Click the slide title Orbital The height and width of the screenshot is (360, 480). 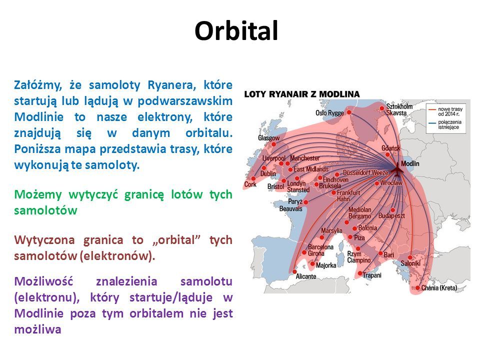[x=236, y=30]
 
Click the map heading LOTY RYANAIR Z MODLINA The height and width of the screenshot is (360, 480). [x=302, y=94]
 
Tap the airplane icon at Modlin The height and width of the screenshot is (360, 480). [x=397, y=170]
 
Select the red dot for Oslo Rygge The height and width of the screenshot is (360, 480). [x=349, y=112]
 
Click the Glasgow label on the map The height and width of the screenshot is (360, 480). [x=269, y=138]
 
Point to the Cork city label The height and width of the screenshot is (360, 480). [x=250, y=184]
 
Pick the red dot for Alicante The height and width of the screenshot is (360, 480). [x=294, y=271]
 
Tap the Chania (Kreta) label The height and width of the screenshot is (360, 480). [x=439, y=288]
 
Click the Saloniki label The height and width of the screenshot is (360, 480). [x=410, y=263]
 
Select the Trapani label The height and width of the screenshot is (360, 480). [x=372, y=275]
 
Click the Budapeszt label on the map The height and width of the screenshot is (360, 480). [x=391, y=216]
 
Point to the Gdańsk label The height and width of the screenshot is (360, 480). [x=390, y=148]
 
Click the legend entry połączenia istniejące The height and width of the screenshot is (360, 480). [x=449, y=124]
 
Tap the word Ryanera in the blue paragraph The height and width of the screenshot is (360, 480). [x=171, y=85]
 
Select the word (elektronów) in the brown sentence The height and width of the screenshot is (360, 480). [x=117, y=256]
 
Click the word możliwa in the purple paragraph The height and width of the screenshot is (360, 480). [x=37, y=329]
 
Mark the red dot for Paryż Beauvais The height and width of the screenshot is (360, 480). [x=306, y=202]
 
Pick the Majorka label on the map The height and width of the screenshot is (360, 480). [x=326, y=265]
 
